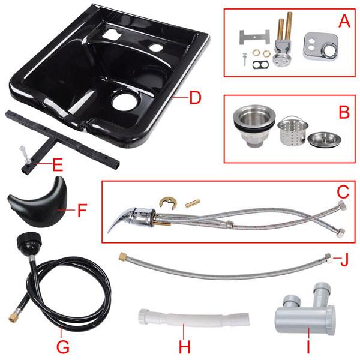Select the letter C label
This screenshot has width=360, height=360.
point(342,191)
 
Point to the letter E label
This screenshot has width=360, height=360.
point(58,162)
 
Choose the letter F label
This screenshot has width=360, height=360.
point(83,210)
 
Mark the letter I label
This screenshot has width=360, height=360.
point(307,346)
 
